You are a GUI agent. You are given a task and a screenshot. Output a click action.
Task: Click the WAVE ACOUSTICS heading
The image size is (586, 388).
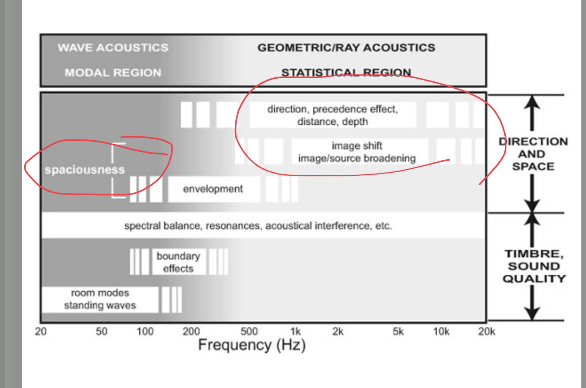(x=113, y=48)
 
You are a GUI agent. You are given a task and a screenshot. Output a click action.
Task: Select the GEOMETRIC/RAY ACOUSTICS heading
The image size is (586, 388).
(x=346, y=48)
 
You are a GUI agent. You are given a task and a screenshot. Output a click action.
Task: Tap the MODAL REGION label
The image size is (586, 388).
(x=113, y=73)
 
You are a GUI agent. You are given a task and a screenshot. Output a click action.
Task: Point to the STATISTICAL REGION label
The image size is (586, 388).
(x=346, y=72)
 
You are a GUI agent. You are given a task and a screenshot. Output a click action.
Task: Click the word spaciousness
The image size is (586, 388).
(x=85, y=170)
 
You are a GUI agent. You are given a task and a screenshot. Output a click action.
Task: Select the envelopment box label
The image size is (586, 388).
(x=213, y=189)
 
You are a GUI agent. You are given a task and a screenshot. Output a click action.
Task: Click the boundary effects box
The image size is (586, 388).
(x=179, y=262)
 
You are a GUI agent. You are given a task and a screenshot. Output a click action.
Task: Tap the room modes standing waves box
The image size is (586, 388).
(x=100, y=299)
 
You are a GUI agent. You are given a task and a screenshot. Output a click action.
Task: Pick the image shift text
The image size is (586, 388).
(x=357, y=145)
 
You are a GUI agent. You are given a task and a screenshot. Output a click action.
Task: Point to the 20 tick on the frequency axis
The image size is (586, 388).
(x=41, y=331)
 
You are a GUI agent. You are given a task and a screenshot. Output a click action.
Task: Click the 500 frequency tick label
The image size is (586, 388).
(x=249, y=331)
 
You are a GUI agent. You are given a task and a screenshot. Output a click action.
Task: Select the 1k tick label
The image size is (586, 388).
(x=296, y=331)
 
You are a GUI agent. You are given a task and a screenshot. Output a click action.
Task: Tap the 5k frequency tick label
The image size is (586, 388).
(x=398, y=331)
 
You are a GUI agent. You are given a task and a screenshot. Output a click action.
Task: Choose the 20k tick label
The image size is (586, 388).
(x=486, y=331)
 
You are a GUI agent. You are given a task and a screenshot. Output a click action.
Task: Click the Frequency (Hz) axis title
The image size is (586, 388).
(x=252, y=345)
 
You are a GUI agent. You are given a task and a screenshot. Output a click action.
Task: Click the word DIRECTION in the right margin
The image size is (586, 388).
(x=534, y=141)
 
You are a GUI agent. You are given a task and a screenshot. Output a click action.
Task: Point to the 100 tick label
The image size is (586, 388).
(x=145, y=331)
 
